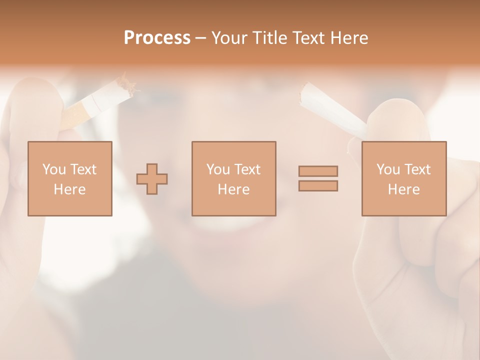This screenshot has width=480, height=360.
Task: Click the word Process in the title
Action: tap(157, 38)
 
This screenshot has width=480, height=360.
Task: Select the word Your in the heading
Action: tap(230, 38)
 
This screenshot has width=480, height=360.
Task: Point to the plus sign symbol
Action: tap(152, 179)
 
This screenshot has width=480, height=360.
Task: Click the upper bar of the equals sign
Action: tap(318, 171)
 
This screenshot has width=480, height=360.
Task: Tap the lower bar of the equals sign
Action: tap(318, 185)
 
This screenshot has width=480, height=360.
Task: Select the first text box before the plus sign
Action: tap(69, 178)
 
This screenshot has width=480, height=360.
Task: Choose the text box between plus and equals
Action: tap(233, 178)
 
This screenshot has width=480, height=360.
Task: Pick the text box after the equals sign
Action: tap(403, 178)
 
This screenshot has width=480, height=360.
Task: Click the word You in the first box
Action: tap(54, 169)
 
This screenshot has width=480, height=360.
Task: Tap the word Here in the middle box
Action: tap(233, 189)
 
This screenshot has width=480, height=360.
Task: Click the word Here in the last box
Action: tap(403, 189)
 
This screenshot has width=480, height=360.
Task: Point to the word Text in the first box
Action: tap(83, 169)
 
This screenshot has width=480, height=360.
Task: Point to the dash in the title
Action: tap(200, 38)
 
